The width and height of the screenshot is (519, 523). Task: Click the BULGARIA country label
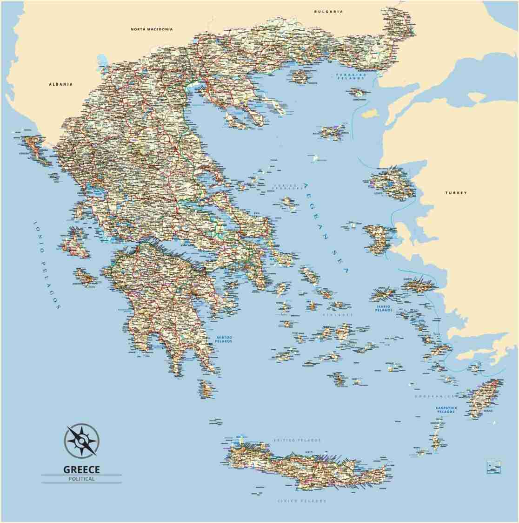[x=328, y=11]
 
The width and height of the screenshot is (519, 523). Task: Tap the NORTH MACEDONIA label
[x=152, y=29]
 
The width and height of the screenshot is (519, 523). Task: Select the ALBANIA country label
[x=61, y=84]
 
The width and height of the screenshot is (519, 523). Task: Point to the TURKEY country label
[x=455, y=192]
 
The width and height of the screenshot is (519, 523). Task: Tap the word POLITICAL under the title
[x=81, y=479]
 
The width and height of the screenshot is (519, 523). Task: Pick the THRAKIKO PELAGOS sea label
[x=352, y=77]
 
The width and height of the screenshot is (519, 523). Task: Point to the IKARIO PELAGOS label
[x=384, y=308]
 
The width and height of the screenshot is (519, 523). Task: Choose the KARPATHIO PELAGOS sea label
[x=446, y=410]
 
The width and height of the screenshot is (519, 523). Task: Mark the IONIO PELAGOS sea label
[x=47, y=265]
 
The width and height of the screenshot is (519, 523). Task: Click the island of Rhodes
[x=482, y=399]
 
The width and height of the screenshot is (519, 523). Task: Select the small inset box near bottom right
[x=493, y=466]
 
